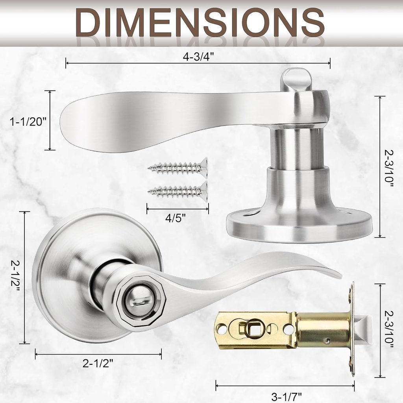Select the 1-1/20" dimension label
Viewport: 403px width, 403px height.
tap(28, 122)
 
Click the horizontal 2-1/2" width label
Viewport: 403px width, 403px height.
tap(98, 363)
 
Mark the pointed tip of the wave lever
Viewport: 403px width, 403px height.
tap(339, 276)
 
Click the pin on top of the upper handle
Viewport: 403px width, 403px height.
tap(296, 79)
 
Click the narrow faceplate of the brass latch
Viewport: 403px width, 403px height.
tap(351, 329)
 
